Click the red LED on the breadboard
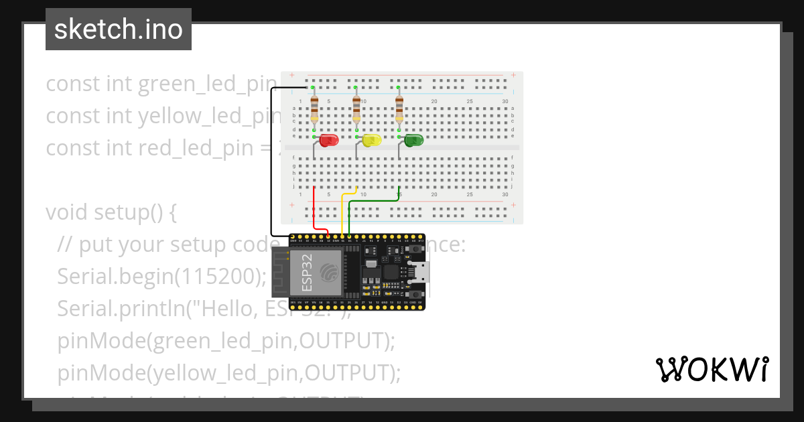pos(328,140)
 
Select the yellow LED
pos(371,140)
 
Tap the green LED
pos(413,140)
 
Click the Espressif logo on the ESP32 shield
pos(330,272)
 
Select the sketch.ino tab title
pos(119,29)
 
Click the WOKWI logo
pos(712,369)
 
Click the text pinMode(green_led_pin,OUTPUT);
pos(226,340)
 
